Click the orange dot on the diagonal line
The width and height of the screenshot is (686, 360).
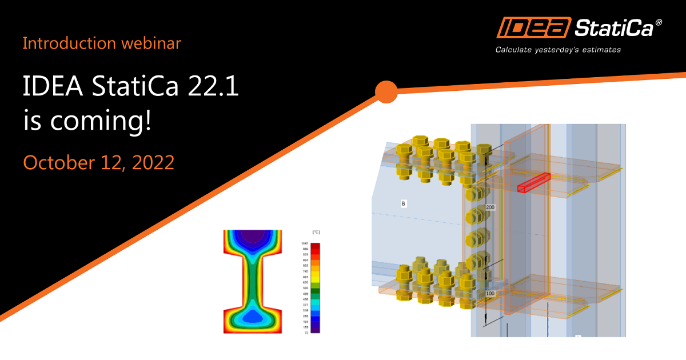click(x=386, y=92)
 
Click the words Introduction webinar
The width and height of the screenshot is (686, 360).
click(x=102, y=43)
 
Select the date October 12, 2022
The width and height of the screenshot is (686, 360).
click(x=98, y=162)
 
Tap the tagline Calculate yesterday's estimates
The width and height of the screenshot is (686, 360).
click(x=558, y=50)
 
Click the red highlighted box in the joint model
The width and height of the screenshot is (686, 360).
click(x=534, y=183)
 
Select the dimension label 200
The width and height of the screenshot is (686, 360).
click(x=490, y=207)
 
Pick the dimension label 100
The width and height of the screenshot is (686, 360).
click(x=490, y=294)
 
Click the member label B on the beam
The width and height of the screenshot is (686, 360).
click(x=404, y=203)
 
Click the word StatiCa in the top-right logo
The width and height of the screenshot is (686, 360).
click(x=615, y=28)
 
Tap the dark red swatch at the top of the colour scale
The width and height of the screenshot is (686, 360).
click(x=316, y=246)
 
